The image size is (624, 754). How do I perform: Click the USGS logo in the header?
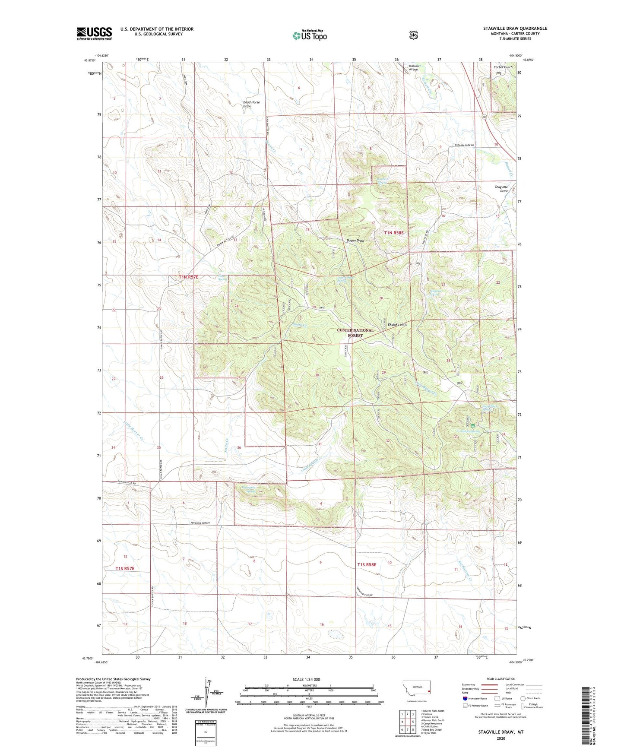coord(94,33)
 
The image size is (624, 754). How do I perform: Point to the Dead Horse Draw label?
coord(251,104)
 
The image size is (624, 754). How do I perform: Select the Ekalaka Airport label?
coord(414,67)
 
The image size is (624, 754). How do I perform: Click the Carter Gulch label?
coord(503,67)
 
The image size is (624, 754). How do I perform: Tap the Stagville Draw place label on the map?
coord(501,189)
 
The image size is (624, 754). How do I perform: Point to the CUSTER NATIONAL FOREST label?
coord(355,333)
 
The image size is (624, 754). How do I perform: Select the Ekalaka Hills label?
coord(397,324)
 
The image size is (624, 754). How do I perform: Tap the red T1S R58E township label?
coord(367,564)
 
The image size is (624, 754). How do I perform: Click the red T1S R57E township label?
coord(125,568)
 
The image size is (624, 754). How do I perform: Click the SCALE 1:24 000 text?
coord(306,679)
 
